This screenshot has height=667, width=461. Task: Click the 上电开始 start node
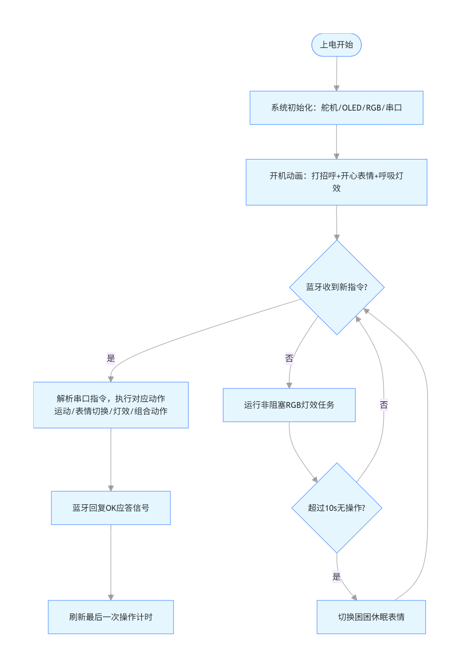pos(336,45)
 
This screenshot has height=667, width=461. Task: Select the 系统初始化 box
pos(336,108)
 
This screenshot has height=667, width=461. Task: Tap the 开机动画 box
pos(336,182)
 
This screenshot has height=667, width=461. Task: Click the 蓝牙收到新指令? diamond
pos(337,288)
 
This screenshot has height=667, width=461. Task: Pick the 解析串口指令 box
pos(111,405)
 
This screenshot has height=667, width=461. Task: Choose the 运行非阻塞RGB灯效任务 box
pos(289,405)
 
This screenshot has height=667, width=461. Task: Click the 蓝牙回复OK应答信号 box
pos(111,508)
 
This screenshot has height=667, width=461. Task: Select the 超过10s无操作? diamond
pos(337,508)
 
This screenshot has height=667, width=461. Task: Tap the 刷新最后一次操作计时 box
pos(111,617)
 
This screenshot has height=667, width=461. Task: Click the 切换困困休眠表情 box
pos(371,617)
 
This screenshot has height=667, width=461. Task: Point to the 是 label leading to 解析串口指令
pos(111,358)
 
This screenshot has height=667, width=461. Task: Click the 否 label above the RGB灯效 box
pos(289,358)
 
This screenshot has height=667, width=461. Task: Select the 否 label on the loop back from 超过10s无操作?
pos(384,405)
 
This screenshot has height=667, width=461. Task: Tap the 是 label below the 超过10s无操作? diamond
pos(336,577)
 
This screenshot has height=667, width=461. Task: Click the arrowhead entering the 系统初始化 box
pos(336,88)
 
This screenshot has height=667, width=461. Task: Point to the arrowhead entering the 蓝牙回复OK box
pos(111,489)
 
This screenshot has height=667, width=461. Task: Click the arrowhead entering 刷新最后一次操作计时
pos(111,598)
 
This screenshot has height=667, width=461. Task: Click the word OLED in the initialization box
pos(352,108)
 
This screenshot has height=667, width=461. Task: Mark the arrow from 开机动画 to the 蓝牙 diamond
pos(336,223)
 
